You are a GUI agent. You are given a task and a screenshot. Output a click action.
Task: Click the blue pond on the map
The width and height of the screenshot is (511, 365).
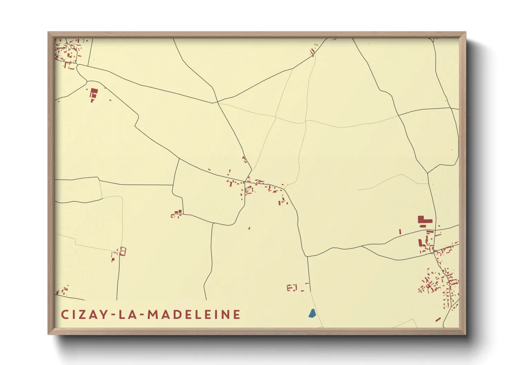click(x=312, y=313)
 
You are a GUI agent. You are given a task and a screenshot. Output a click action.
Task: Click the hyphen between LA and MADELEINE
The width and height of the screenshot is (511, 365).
click(x=141, y=315)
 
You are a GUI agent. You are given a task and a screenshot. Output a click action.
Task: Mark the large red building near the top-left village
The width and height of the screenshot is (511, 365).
click(x=94, y=93)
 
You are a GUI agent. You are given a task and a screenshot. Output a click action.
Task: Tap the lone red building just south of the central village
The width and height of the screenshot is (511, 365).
click(x=249, y=228)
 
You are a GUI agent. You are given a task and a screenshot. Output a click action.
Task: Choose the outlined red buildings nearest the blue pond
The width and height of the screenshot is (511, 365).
click(x=292, y=287)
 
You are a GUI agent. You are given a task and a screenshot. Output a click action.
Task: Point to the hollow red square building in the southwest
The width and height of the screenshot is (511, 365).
click(x=123, y=251)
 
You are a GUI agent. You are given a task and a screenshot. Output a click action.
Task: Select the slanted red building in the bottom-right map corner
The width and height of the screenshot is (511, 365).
click(x=438, y=319)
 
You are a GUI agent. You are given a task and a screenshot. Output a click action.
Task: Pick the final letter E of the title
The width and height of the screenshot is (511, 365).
click(x=237, y=315)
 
